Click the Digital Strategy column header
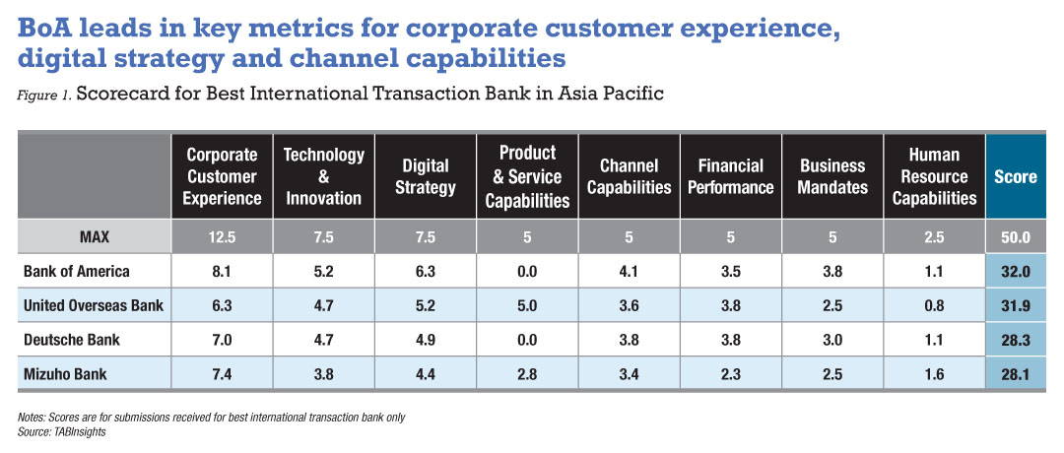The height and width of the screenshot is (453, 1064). pos(425,176)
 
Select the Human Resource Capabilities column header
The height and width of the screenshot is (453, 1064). pos(934,176)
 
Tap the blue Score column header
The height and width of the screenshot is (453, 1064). pos(1016,176)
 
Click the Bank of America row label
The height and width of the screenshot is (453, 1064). pos(76,271)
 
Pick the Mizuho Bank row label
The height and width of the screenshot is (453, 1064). pos(65,373)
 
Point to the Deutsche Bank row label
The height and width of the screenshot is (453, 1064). pos(71,340)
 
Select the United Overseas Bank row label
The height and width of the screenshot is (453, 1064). pos(93,305)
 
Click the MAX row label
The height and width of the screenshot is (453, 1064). pos(95,237)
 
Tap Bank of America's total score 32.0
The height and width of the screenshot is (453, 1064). pos(1016,271)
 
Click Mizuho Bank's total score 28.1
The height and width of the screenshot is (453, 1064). pos(1016,373)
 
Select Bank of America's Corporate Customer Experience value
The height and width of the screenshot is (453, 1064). pos(222,271)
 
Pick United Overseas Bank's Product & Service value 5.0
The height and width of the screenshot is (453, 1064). pos(527,305)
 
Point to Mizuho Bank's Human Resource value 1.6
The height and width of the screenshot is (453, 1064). pos(934,373)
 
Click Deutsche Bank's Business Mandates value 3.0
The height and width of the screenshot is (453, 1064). pos(832,340)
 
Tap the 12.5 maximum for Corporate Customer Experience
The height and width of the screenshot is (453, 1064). pos(222,237)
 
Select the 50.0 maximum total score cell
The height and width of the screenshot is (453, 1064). pos(1016,237)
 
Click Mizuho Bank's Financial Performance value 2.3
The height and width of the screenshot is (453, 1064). pos(731,373)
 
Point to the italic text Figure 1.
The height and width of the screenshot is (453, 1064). pos(44,95)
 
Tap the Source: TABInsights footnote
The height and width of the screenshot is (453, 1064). pos(62,432)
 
